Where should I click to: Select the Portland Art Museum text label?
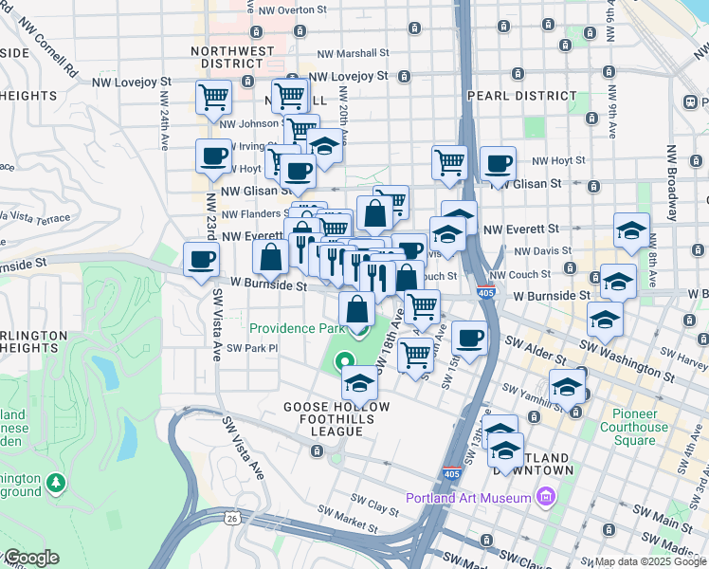[467, 498]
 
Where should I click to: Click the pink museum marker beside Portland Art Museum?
[545, 497]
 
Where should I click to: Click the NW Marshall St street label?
[354, 54]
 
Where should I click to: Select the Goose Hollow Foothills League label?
[322, 418]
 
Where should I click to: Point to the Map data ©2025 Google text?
[650, 561]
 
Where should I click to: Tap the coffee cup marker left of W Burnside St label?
[201, 260]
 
